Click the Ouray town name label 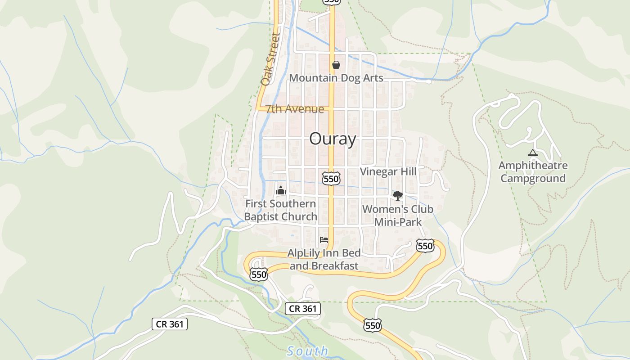333,139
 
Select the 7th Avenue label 295,109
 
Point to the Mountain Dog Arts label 336,78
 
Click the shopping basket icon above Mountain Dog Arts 336,65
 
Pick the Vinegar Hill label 388,171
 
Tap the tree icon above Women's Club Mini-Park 397,195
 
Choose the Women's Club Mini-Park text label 398,216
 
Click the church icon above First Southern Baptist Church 281,190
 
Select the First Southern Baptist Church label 281,210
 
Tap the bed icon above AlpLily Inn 324,240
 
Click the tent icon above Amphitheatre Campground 533,153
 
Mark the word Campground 533,178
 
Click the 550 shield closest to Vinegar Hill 331,179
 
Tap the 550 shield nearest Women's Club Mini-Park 425,246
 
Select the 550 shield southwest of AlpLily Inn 259,274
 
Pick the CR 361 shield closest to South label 303,309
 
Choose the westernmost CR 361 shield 169,324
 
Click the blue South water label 308,351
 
